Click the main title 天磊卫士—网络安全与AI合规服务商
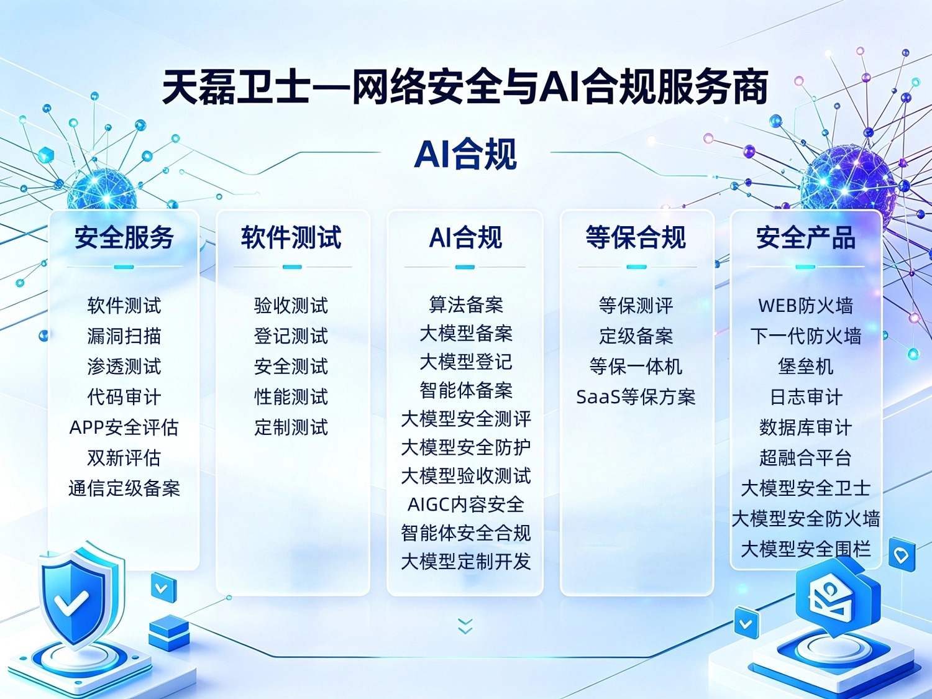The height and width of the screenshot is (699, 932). pyautogui.click(x=465, y=88)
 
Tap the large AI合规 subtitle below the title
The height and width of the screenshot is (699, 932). pyautogui.click(x=465, y=153)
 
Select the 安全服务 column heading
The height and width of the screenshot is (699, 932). pyautogui.click(x=124, y=237)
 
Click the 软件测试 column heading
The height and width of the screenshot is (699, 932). pyautogui.click(x=291, y=237)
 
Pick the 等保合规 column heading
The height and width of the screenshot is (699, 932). pyautogui.click(x=636, y=237)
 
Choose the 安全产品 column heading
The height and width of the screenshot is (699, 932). pyautogui.click(x=805, y=237)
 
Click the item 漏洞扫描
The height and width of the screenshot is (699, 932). pyautogui.click(x=124, y=336)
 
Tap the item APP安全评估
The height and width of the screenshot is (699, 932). pyautogui.click(x=124, y=427)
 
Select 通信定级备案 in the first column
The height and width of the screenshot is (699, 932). pyautogui.click(x=124, y=488)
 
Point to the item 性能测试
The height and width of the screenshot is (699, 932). pyautogui.click(x=291, y=397)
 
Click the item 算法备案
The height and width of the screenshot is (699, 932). pyautogui.click(x=466, y=304)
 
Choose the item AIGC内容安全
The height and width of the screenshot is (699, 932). pyautogui.click(x=466, y=504)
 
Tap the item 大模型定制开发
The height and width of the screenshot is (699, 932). pyautogui.click(x=466, y=561)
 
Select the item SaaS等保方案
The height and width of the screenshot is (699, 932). pyautogui.click(x=636, y=397)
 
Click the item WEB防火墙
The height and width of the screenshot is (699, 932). pyautogui.click(x=805, y=305)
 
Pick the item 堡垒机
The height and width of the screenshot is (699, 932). pyautogui.click(x=805, y=366)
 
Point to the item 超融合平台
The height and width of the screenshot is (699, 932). pyautogui.click(x=805, y=457)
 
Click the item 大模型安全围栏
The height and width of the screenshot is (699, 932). pyautogui.click(x=805, y=549)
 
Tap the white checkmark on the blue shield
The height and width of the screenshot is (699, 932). pyautogui.click(x=71, y=603)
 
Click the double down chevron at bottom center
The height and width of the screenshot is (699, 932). pyautogui.click(x=465, y=626)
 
